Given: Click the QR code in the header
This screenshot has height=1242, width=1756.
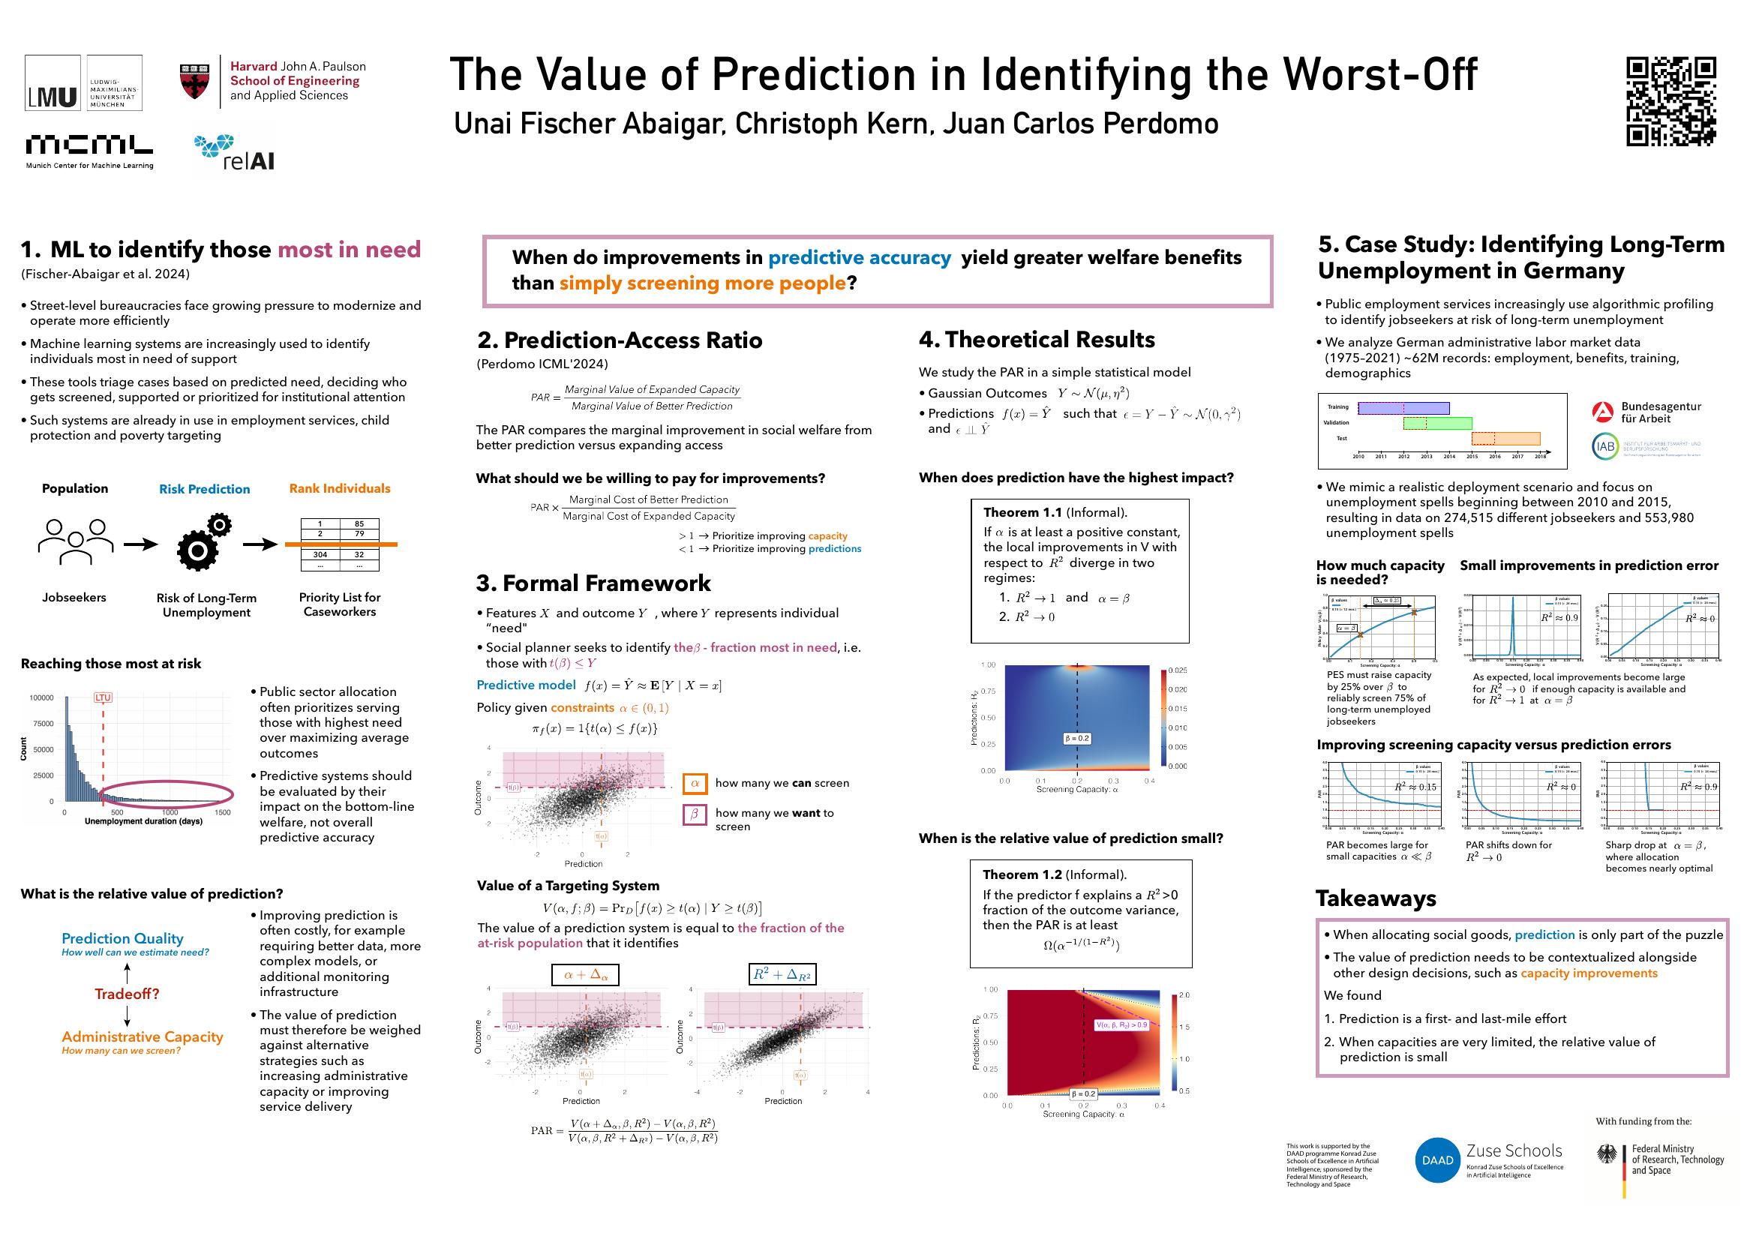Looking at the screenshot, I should [1671, 102].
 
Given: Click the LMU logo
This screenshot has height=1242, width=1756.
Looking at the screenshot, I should [53, 82].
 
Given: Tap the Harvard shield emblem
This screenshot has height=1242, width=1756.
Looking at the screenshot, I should [194, 82].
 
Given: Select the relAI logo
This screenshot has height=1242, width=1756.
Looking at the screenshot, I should [234, 153].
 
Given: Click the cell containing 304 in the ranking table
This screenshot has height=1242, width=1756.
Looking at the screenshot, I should [320, 554].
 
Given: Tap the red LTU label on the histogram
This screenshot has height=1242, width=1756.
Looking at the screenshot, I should [103, 697].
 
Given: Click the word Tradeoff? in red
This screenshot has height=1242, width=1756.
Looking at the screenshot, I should [127, 994].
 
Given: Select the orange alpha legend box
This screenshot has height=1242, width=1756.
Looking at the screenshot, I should [695, 783].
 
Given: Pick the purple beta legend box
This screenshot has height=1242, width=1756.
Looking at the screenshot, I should [695, 814].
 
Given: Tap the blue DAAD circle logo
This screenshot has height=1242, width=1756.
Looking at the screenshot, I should [1437, 1160].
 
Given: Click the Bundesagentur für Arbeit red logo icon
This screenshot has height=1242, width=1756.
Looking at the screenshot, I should [1603, 412].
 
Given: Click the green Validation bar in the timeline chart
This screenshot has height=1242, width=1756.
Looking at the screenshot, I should [1437, 423].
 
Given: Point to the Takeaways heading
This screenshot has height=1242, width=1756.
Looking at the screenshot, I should [1376, 898].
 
